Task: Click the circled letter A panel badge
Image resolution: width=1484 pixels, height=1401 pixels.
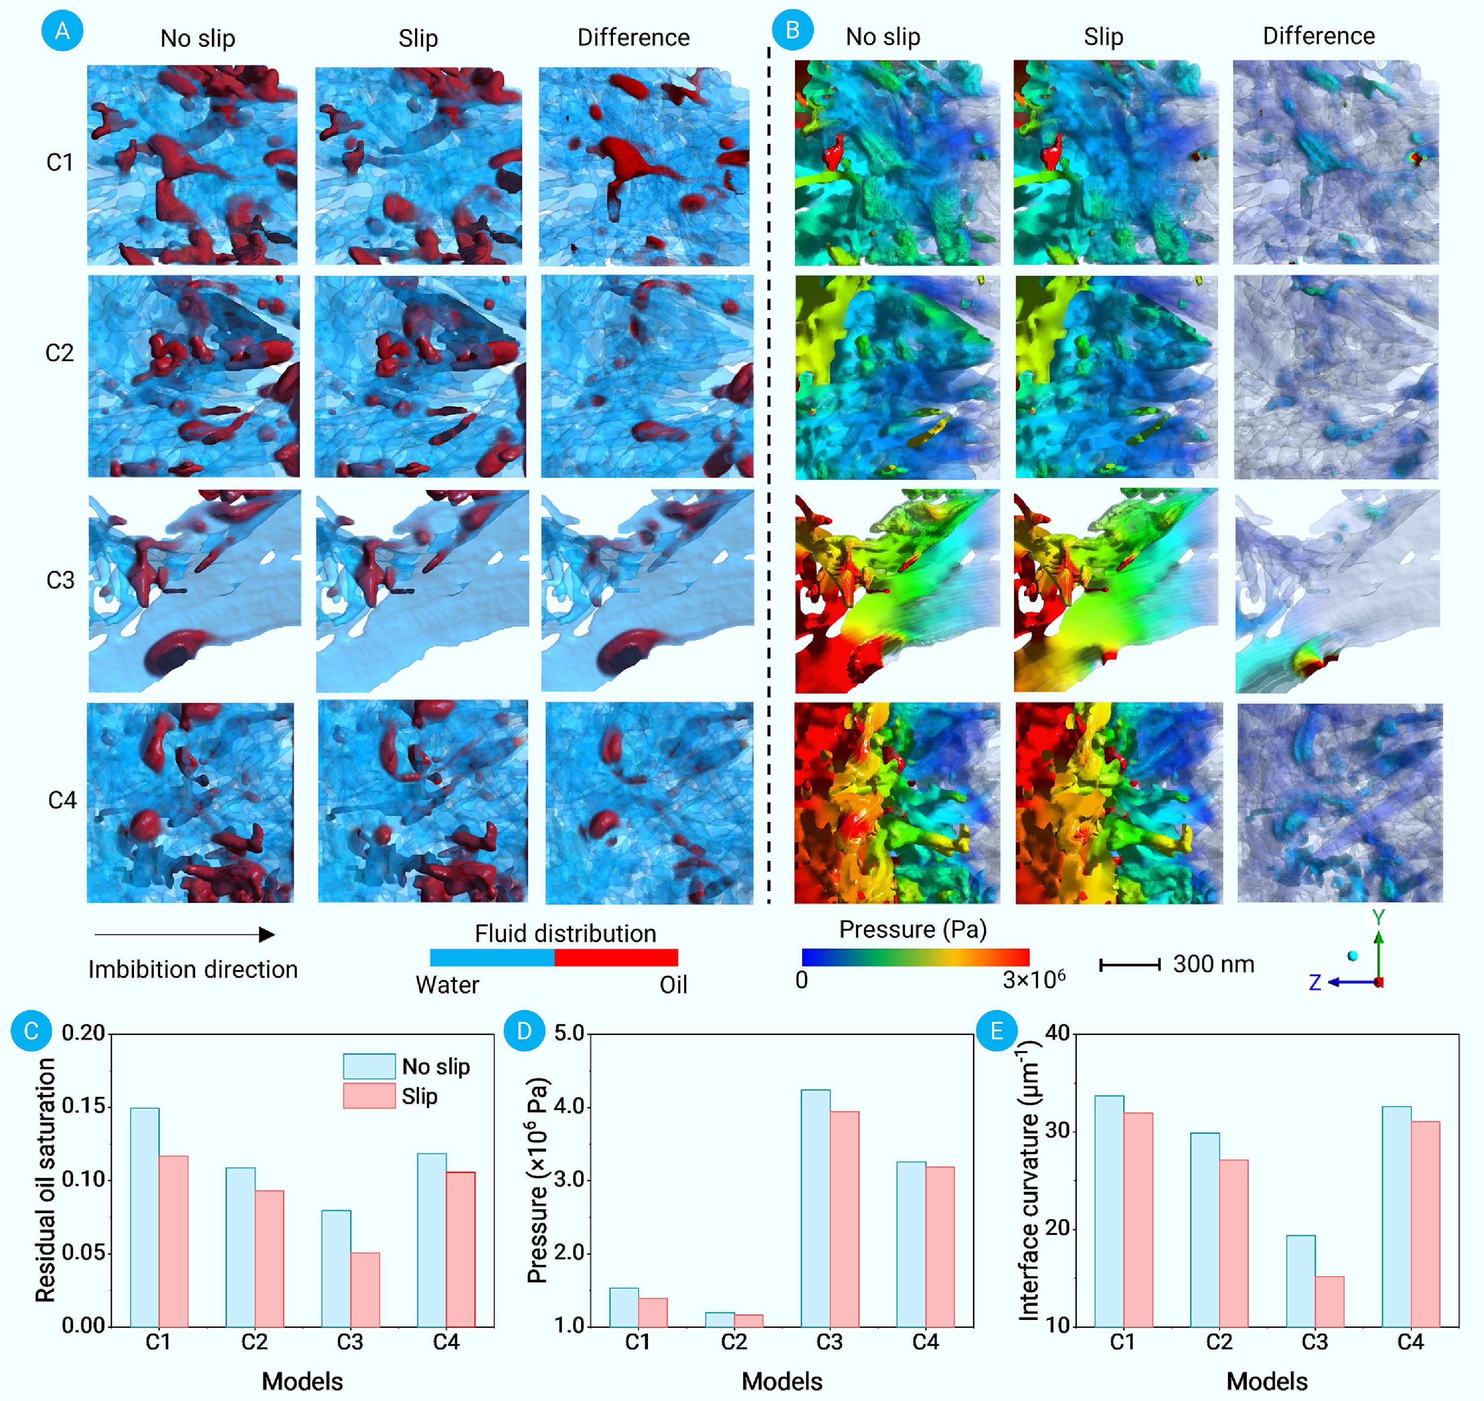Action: pos(62,31)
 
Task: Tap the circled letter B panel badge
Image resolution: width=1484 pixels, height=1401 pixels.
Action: pos(793,30)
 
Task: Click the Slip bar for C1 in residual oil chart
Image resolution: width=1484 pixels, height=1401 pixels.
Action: pos(173,1241)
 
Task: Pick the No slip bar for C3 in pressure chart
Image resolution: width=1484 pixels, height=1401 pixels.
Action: pos(815,1208)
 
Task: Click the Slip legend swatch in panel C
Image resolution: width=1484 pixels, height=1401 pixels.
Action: pos(369,1096)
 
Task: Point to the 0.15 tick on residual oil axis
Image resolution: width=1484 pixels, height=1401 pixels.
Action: pos(83,1106)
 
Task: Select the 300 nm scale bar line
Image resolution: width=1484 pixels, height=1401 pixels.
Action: pos(1129,965)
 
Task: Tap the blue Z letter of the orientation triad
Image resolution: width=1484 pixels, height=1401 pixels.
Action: pos(1314,982)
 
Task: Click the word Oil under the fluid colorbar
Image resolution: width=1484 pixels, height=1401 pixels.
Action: pos(673,985)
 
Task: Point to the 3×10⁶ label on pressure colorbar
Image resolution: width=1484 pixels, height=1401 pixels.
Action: pos(1034,979)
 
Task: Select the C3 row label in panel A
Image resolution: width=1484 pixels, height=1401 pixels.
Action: pos(60,580)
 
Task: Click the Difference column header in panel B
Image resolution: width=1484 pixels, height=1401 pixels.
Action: pos(1318,36)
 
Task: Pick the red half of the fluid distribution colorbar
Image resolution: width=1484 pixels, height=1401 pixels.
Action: pos(616,957)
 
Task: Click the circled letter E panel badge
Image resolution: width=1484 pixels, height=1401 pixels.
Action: pos(996,1031)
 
